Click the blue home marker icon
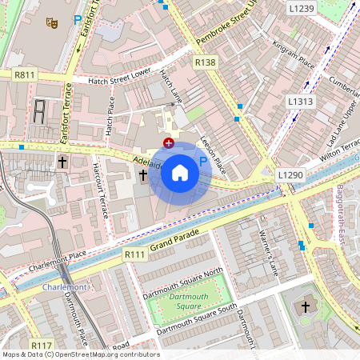click(x=180, y=173)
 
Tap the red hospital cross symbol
click(x=169, y=142)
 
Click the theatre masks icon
click(x=52, y=23)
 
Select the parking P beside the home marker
click(x=202, y=162)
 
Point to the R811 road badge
click(x=25, y=74)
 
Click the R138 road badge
click(x=206, y=62)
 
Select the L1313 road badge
click(x=301, y=102)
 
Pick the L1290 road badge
click(x=290, y=174)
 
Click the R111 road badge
click(x=135, y=254)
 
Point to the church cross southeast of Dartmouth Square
click(x=304, y=307)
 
